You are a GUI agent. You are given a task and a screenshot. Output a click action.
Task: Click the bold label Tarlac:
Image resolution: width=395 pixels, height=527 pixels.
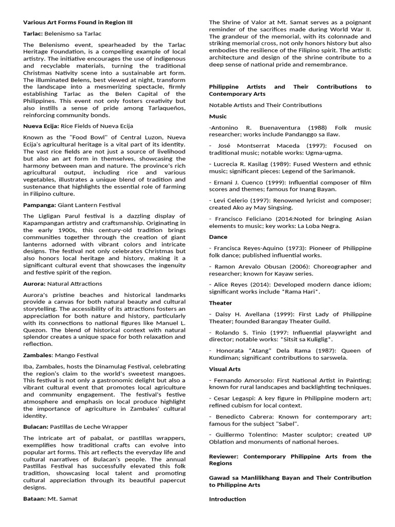coord(33,32)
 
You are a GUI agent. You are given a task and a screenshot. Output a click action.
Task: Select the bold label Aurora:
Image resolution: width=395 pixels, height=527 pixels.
coord(34,284)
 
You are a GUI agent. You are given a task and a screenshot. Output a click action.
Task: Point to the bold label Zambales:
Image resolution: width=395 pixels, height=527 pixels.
coord(38,355)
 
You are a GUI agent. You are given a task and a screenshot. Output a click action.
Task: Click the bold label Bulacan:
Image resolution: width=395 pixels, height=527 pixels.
coord(36,427)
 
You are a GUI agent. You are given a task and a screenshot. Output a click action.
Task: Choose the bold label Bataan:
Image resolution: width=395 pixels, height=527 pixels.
coord(34,498)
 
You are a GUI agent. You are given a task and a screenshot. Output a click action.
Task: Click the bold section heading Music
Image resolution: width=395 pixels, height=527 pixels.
coord(218,117)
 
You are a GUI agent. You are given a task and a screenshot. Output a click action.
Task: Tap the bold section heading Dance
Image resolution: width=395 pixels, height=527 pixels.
coord(218,237)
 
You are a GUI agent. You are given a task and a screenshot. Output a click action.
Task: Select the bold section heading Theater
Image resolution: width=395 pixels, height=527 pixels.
coord(220,303)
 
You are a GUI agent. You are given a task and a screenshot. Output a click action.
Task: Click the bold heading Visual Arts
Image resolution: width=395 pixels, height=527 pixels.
coord(225,369)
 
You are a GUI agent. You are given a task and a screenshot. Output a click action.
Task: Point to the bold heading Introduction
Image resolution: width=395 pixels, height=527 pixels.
coord(227,499)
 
